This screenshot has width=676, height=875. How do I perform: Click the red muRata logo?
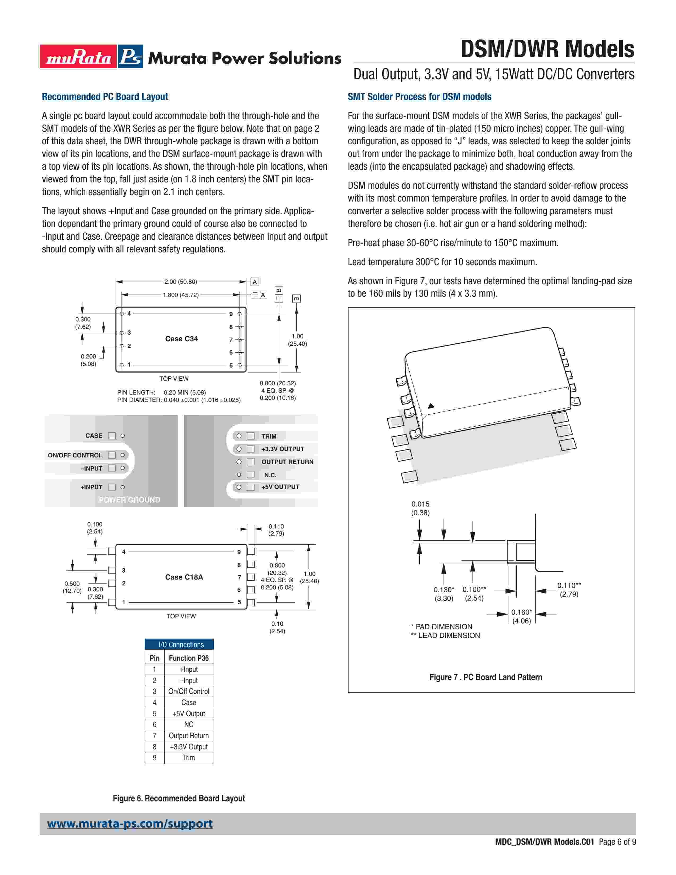pos(78,56)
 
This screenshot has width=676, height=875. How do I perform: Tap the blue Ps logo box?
pos(130,56)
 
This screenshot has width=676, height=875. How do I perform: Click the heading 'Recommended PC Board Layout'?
pos(105,97)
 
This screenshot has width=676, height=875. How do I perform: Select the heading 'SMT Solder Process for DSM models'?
pos(419,97)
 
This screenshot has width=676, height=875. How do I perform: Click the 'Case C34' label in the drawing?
pos(181,339)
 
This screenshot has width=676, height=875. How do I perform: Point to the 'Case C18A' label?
pos(184,577)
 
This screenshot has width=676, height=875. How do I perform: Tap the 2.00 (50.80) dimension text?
pos(181,282)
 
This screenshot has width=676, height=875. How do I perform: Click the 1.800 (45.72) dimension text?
pos(181,295)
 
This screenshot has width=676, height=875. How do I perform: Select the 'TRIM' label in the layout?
pos(269,436)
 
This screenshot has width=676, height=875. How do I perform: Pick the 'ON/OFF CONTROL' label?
pos(75,455)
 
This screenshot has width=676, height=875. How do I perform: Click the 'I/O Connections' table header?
pos(181,645)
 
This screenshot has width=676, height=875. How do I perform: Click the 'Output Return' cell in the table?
pos(189,736)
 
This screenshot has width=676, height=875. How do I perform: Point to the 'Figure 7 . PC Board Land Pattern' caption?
pos(485,677)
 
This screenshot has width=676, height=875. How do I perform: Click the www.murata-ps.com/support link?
pos(130,824)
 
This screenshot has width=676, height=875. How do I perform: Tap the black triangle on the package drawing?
pos(431,406)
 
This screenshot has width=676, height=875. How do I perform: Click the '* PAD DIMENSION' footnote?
pos(441,627)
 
